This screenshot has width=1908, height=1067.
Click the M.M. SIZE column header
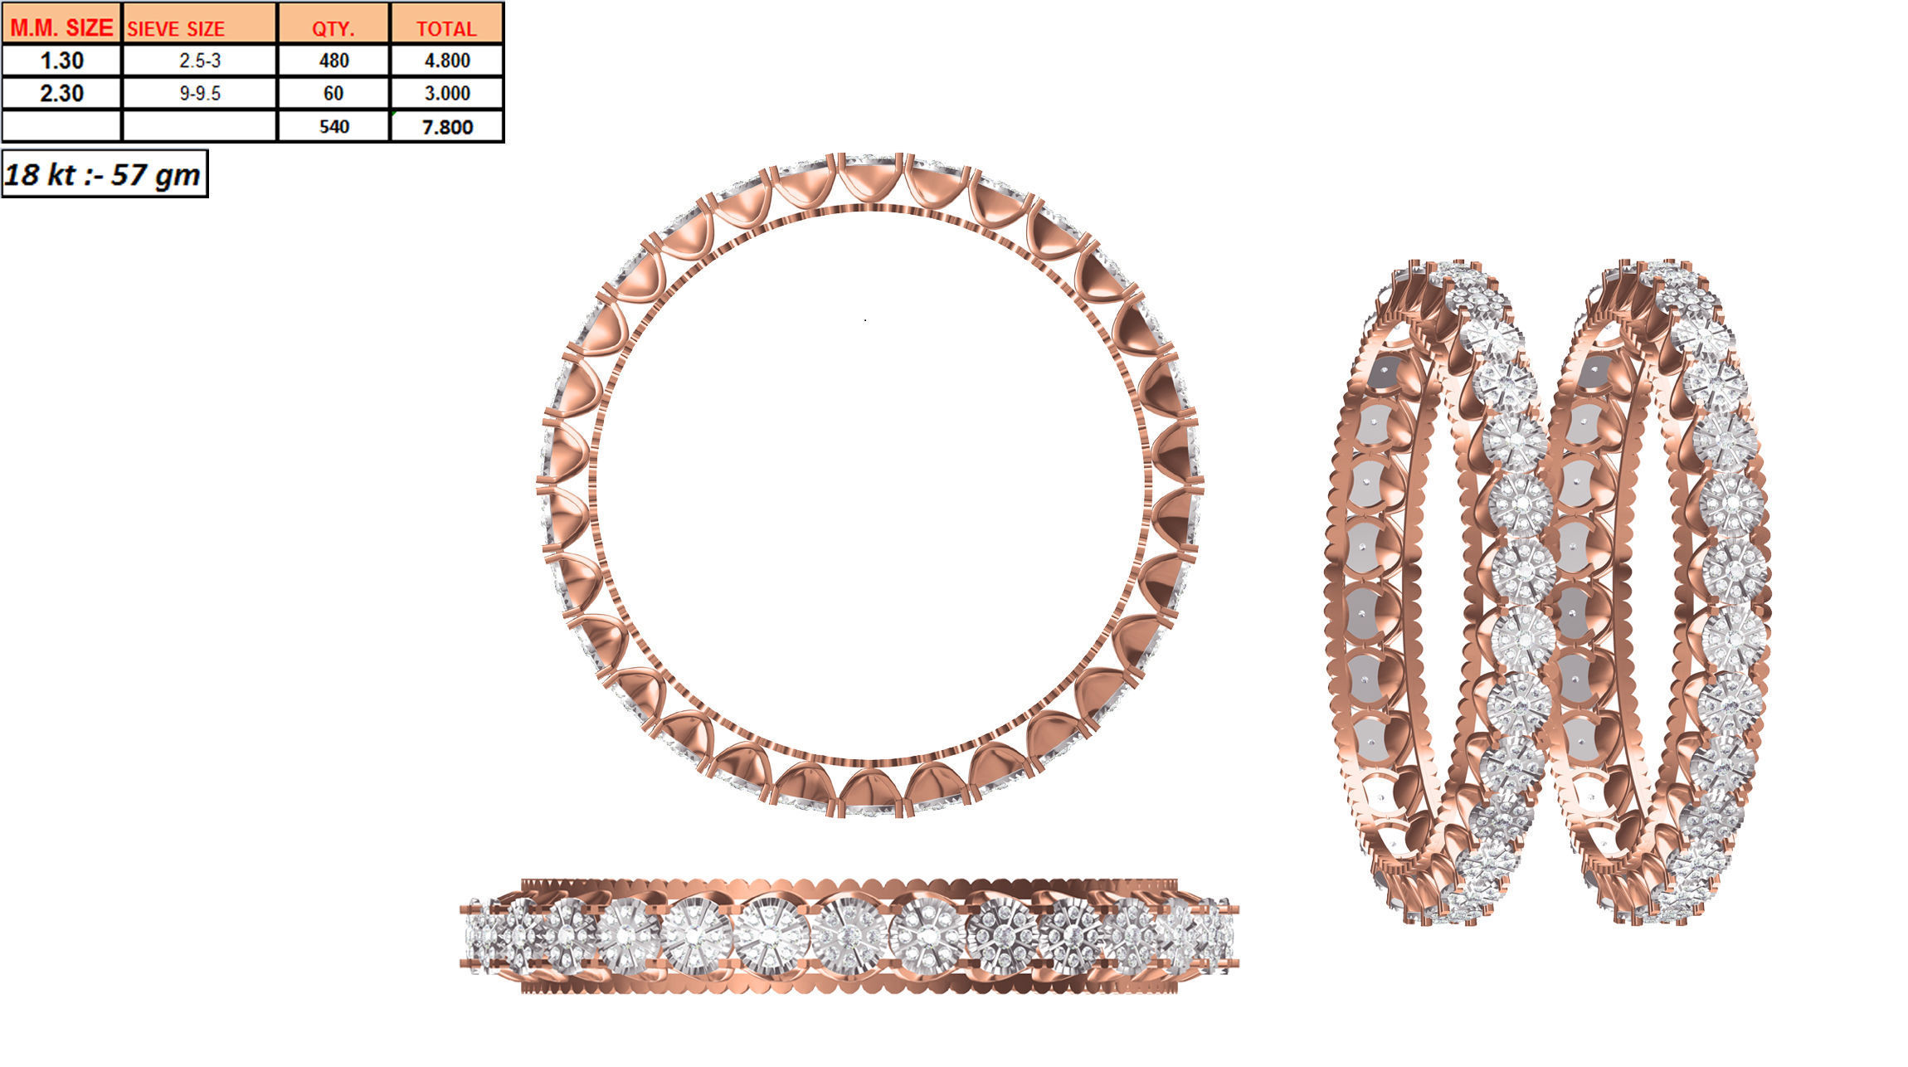[x=61, y=27]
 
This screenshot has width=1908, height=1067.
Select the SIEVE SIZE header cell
[x=176, y=28]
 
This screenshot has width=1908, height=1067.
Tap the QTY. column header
[x=333, y=28]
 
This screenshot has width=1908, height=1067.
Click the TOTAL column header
[x=446, y=28]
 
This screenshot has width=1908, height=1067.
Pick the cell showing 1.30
[x=61, y=61]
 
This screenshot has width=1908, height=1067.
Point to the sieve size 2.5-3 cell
[x=199, y=61]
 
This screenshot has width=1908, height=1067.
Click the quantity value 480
[x=333, y=61]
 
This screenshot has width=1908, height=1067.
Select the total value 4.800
[x=447, y=61]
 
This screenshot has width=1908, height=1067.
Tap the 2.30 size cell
[x=61, y=93]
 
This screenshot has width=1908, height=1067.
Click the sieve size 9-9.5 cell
[x=199, y=93]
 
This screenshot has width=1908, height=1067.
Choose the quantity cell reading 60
[x=333, y=93]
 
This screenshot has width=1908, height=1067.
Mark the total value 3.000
[x=447, y=93]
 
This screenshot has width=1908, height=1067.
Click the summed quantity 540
[x=333, y=127]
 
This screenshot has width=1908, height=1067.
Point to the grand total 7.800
[x=447, y=127]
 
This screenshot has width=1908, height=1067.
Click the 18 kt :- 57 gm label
[x=103, y=174]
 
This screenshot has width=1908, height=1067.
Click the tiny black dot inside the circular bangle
[x=865, y=319]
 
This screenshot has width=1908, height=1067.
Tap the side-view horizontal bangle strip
[x=848, y=936]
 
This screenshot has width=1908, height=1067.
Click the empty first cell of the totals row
[x=61, y=127]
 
